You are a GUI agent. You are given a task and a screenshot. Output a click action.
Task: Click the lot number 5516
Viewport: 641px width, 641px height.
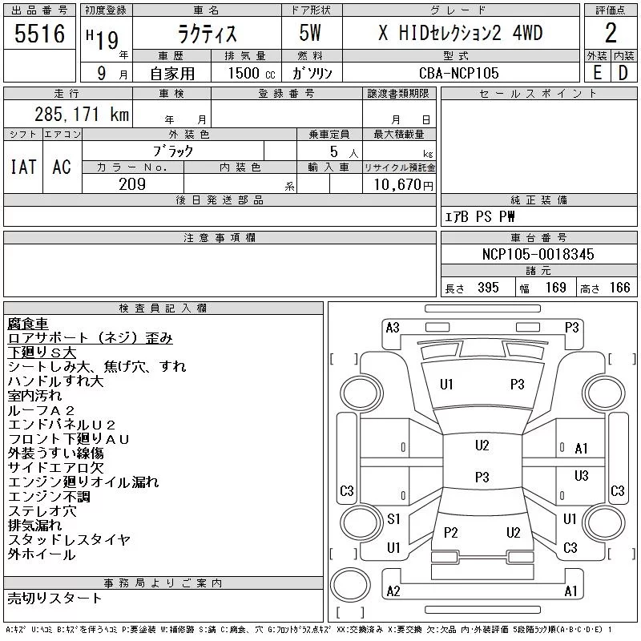pyautogui.click(x=39, y=34)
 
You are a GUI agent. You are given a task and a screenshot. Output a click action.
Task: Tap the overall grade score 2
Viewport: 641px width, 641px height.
pyautogui.click(x=611, y=33)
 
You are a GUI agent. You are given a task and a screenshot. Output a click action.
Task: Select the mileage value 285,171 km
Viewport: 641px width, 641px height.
pyautogui.click(x=82, y=114)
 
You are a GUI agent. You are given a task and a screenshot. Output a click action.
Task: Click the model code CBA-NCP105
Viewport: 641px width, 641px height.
pyautogui.click(x=458, y=73)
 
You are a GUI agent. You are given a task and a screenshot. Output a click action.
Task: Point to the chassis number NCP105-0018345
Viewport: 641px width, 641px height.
pyautogui.click(x=538, y=254)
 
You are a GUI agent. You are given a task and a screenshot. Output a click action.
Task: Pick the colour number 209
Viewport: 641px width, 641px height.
pyautogui.click(x=132, y=184)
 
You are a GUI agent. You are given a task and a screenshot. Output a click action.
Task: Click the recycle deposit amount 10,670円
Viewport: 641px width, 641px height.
pyautogui.click(x=404, y=185)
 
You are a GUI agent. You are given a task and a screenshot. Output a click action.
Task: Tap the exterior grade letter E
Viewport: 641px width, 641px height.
pyautogui.click(x=597, y=73)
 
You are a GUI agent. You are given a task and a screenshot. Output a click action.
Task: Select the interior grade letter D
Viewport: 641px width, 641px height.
pyautogui.click(x=623, y=73)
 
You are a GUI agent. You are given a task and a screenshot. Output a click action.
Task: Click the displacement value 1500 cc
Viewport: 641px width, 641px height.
pyautogui.click(x=252, y=73)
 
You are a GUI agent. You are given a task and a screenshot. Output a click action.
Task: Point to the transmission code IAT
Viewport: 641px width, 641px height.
pyautogui.click(x=23, y=167)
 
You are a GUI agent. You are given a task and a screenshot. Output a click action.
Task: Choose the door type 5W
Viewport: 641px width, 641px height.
pyautogui.click(x=310, y=33)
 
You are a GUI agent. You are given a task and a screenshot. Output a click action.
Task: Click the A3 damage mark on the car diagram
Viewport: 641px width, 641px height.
pyautogui.click(x=393, y=328)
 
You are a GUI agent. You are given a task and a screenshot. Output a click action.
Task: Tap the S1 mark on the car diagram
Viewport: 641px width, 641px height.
pyautogui.click(x=393, y=518)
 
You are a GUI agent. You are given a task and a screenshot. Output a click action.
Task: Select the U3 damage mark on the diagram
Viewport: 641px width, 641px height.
pyautogui.click(x=581, y=475)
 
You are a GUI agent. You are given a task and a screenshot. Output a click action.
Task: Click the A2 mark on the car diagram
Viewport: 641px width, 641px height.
pyautogui.click(x=393, y=591)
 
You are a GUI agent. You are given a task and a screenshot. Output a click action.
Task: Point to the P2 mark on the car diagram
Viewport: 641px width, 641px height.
pyautogui.click(x=450, y=532)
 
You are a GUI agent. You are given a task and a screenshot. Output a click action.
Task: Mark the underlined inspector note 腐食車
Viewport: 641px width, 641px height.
pyautogui.click(x=28, y=324)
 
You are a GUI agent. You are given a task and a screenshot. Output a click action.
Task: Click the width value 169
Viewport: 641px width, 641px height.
pyautogui.click(x=555, y=288)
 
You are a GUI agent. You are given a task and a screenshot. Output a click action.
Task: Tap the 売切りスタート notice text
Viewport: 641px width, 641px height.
pyautogui.click(x=54, y=598)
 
